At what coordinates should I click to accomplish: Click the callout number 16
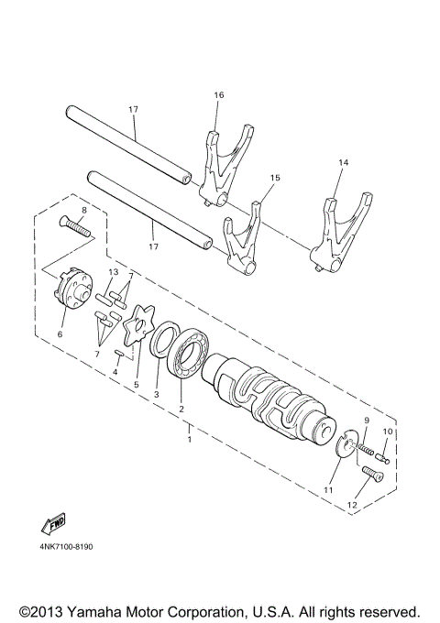click(x=218, y=95)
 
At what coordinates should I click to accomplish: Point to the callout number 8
click(x=82, y=211)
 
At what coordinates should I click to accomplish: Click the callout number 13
click(x=113, y=273)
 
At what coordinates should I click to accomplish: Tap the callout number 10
click(x=387, y=431)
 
